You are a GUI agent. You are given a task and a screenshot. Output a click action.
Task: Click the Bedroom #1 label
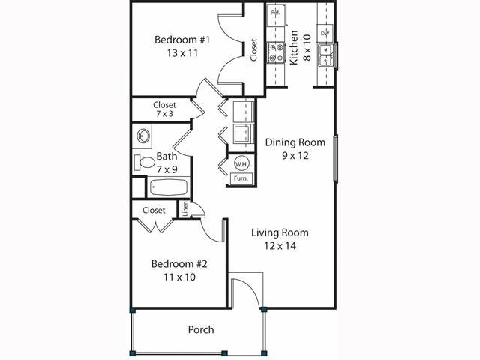pos(181,40)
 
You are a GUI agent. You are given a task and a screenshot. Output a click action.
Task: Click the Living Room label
pos(280,232)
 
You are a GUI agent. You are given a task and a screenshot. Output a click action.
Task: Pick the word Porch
pos(200,329)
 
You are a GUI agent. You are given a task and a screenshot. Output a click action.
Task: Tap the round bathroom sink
pos(143,137)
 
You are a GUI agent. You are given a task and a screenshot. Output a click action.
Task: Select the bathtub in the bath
pos(160,187)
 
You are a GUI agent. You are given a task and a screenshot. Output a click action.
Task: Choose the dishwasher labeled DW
pos(325,34)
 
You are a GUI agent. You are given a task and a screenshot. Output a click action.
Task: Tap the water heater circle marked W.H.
pos(241,164)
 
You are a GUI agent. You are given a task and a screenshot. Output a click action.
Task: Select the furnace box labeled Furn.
pos(241,178)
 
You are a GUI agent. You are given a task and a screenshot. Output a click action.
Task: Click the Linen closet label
pos(184,209)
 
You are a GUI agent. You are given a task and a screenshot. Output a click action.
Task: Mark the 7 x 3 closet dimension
pos(164,115)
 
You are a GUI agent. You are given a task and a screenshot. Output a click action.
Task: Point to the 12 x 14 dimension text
pos(279,245)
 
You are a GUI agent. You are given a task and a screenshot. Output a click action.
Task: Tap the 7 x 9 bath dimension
pos(167,169)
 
